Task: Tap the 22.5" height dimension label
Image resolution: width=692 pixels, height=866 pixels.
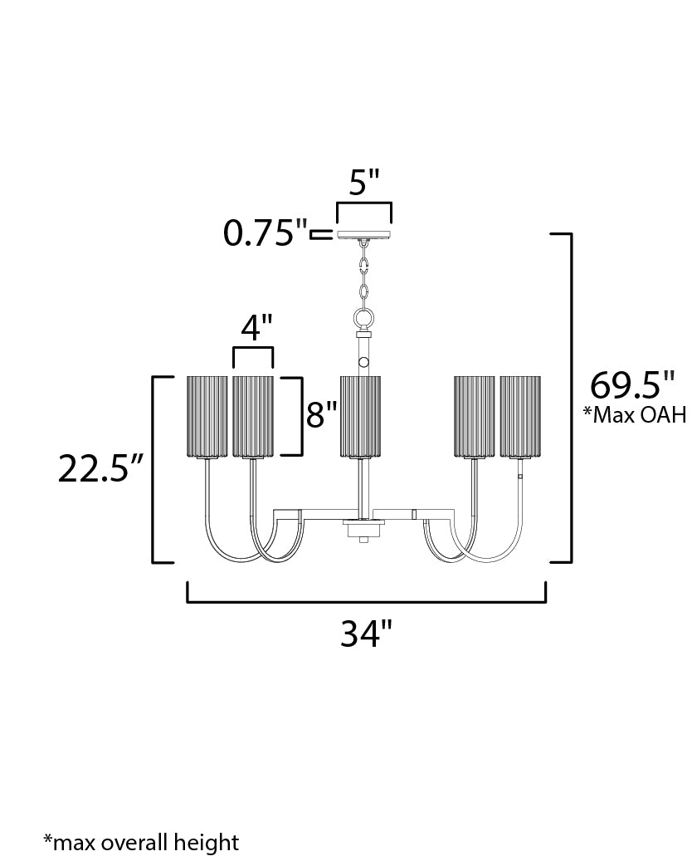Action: (101, 469)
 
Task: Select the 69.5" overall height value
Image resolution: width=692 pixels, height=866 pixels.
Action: (632, 384)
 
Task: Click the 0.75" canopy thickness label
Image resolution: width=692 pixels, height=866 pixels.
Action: (265, 232)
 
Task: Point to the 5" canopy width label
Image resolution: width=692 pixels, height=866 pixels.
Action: (365, 182)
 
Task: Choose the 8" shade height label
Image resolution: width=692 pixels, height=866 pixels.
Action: (322, 414)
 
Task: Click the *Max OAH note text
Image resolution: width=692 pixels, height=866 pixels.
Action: (635, 414)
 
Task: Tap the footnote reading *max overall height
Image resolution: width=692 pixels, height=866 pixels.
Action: (141, 842)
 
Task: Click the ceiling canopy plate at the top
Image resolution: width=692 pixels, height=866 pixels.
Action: (364, 235)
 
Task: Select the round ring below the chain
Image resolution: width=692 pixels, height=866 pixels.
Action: (363, 319)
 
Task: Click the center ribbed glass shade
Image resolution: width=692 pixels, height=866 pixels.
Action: (360, 417)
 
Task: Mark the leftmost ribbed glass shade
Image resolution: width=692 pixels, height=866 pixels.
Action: (207, 417)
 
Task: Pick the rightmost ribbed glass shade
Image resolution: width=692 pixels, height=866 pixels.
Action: (520, 417)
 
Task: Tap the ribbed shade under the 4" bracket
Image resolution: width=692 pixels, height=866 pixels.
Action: (253, 417)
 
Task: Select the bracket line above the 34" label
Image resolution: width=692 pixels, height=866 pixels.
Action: (367, 601)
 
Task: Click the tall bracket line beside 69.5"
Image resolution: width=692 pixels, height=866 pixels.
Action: (571, 398)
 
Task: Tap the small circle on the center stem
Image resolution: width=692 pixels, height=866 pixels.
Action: (363, 363)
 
